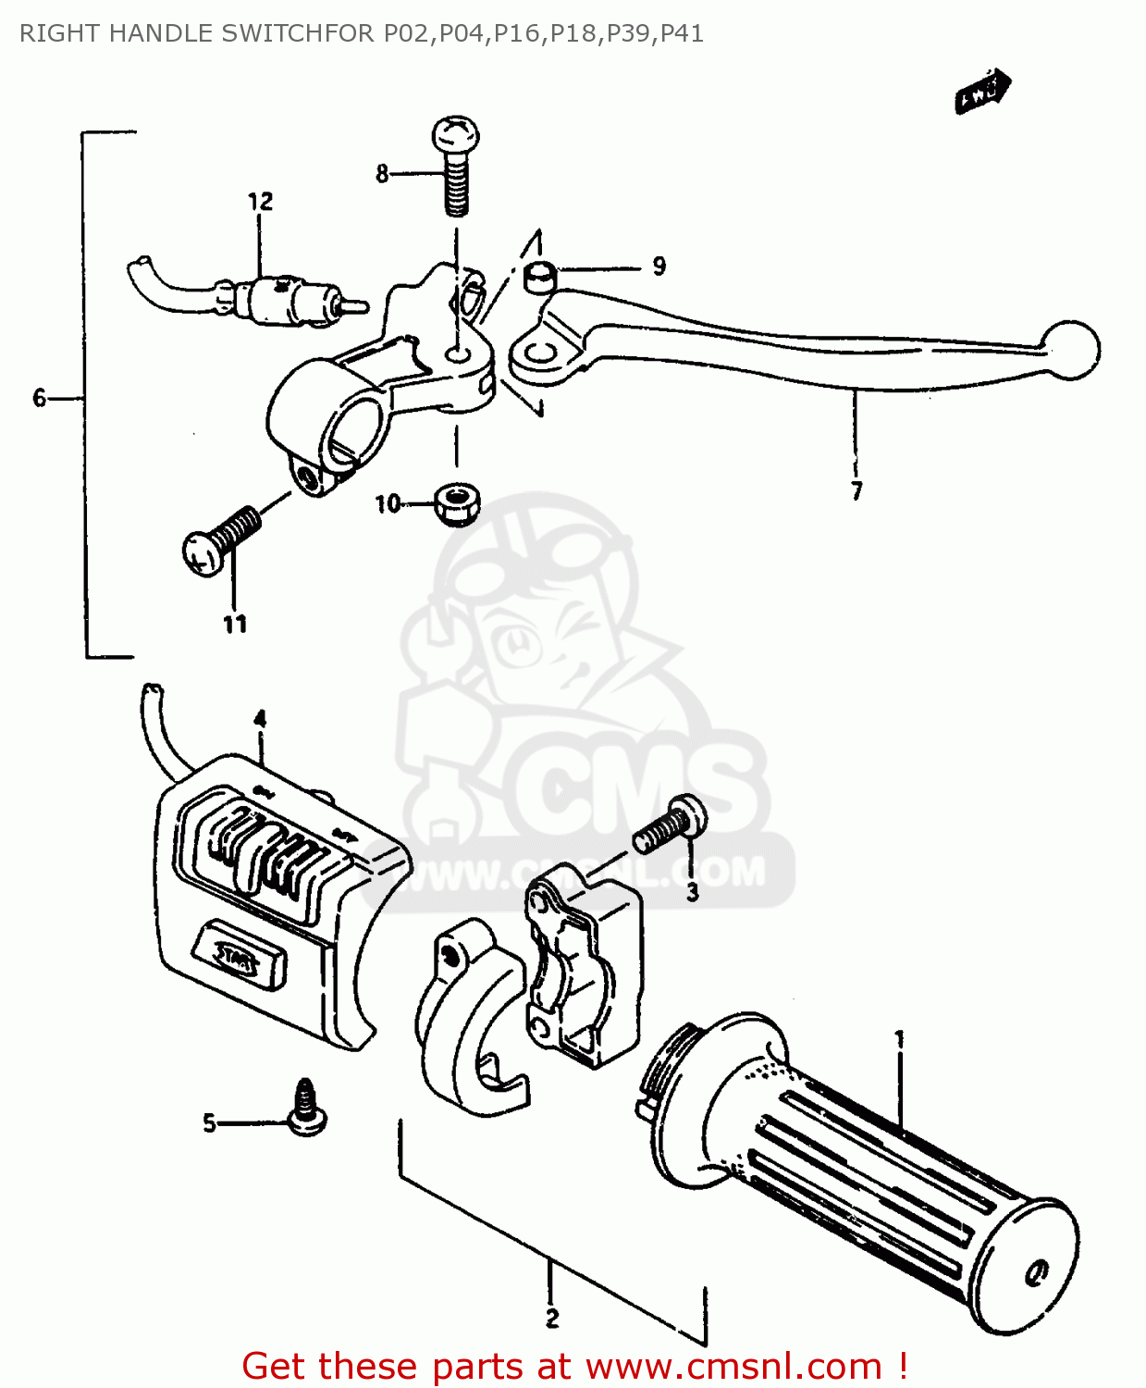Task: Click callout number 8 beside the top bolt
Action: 382,173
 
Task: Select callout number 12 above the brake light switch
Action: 260,201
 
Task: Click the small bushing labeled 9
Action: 538,275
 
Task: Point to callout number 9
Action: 659,266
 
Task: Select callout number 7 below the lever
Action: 856,490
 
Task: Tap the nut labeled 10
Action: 456,503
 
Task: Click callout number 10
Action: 388,503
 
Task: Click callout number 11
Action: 235,625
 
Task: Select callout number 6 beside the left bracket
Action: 39,398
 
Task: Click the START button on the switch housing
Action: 238,955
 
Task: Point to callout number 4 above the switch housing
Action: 260,719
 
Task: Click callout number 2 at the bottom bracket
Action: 552,1319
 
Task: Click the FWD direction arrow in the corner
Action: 982,92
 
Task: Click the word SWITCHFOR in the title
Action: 299,33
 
